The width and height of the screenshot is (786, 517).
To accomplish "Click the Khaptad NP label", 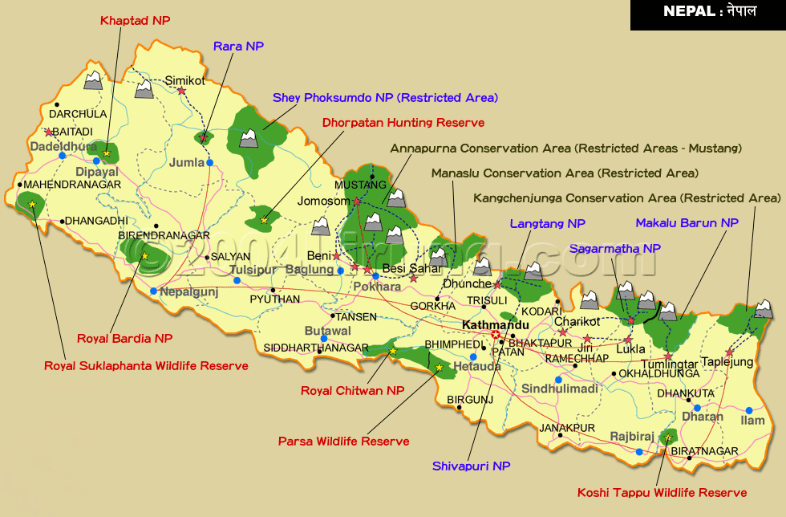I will click(136, 21).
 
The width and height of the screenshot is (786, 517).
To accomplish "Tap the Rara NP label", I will click(238, 47).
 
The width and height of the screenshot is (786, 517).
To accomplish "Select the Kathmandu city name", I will click(496, 325).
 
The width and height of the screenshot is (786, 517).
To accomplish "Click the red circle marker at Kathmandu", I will click(496, 335).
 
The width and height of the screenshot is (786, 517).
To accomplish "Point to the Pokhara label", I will click(377, 287).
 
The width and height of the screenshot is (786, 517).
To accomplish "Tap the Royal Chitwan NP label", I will click(352, 391).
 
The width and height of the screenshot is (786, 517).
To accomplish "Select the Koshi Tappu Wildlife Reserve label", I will click(662, 493).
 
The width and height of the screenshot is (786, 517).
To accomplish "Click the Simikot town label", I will click(185, 80).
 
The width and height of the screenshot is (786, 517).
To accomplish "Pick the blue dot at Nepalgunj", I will click(153, 291).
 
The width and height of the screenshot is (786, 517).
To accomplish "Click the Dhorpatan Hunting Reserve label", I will click(403, 123).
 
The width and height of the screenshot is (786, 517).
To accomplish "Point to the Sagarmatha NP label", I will click(614, 249).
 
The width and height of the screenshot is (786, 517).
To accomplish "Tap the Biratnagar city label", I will click(704, 451).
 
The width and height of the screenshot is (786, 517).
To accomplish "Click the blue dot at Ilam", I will click(748, 409).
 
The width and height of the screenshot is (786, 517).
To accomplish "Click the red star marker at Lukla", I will click(628, 340).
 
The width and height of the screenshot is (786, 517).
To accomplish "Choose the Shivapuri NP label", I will click(471, 466).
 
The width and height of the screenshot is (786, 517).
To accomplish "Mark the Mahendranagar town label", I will click(72, 185).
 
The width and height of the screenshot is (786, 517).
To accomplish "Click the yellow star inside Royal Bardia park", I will click(144, 256).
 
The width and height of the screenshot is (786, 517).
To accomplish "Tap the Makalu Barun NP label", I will click(687, 222).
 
